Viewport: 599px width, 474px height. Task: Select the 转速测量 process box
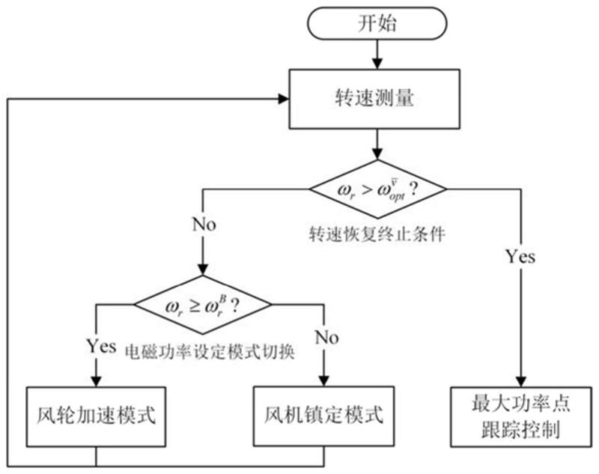click(378, 100)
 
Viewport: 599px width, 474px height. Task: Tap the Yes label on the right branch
click(520, 257)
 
